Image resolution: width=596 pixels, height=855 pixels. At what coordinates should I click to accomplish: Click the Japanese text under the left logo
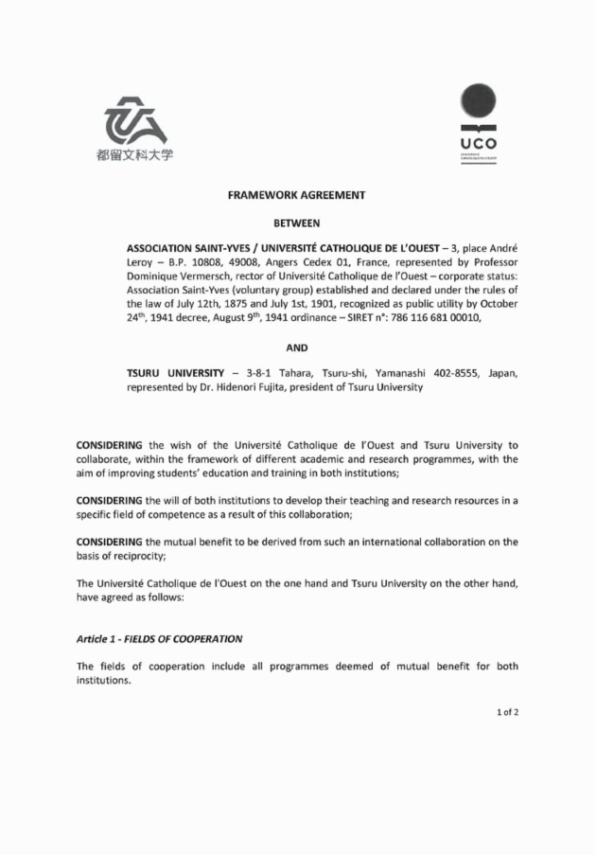(x=135, y=155)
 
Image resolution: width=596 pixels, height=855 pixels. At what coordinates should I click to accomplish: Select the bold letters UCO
(x=478, y=143)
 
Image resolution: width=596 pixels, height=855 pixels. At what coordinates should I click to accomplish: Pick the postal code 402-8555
(x=450, y=371)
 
